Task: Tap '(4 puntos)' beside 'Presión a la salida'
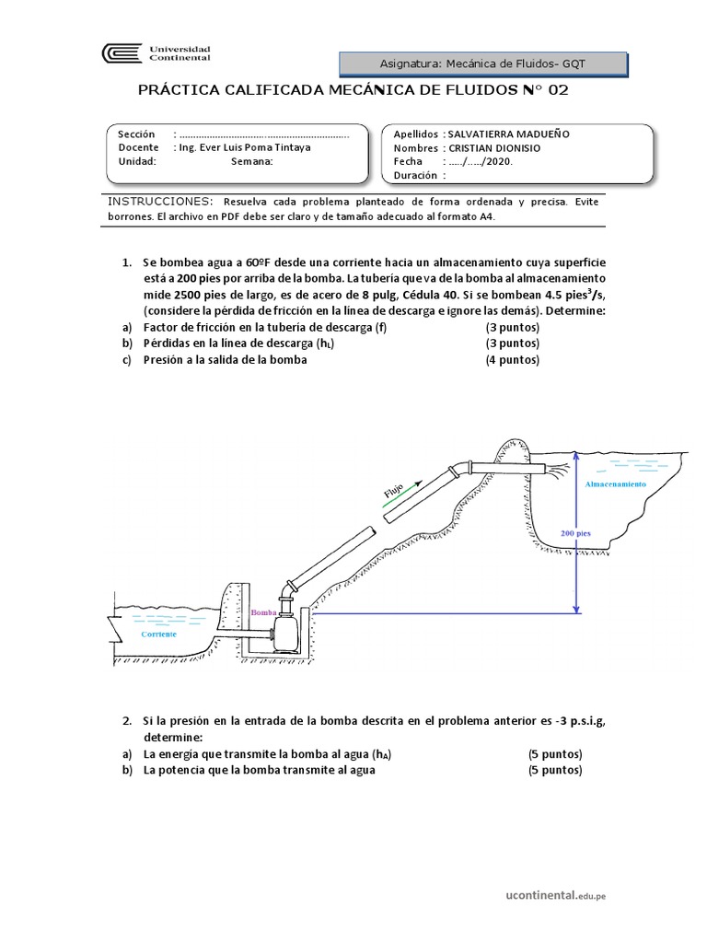(513, 360)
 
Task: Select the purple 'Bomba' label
(262, 611)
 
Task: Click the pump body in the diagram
(288, 632)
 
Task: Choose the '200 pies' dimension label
(575, 533)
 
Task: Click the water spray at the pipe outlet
(556, 471)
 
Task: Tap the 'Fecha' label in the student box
(407, 161)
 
